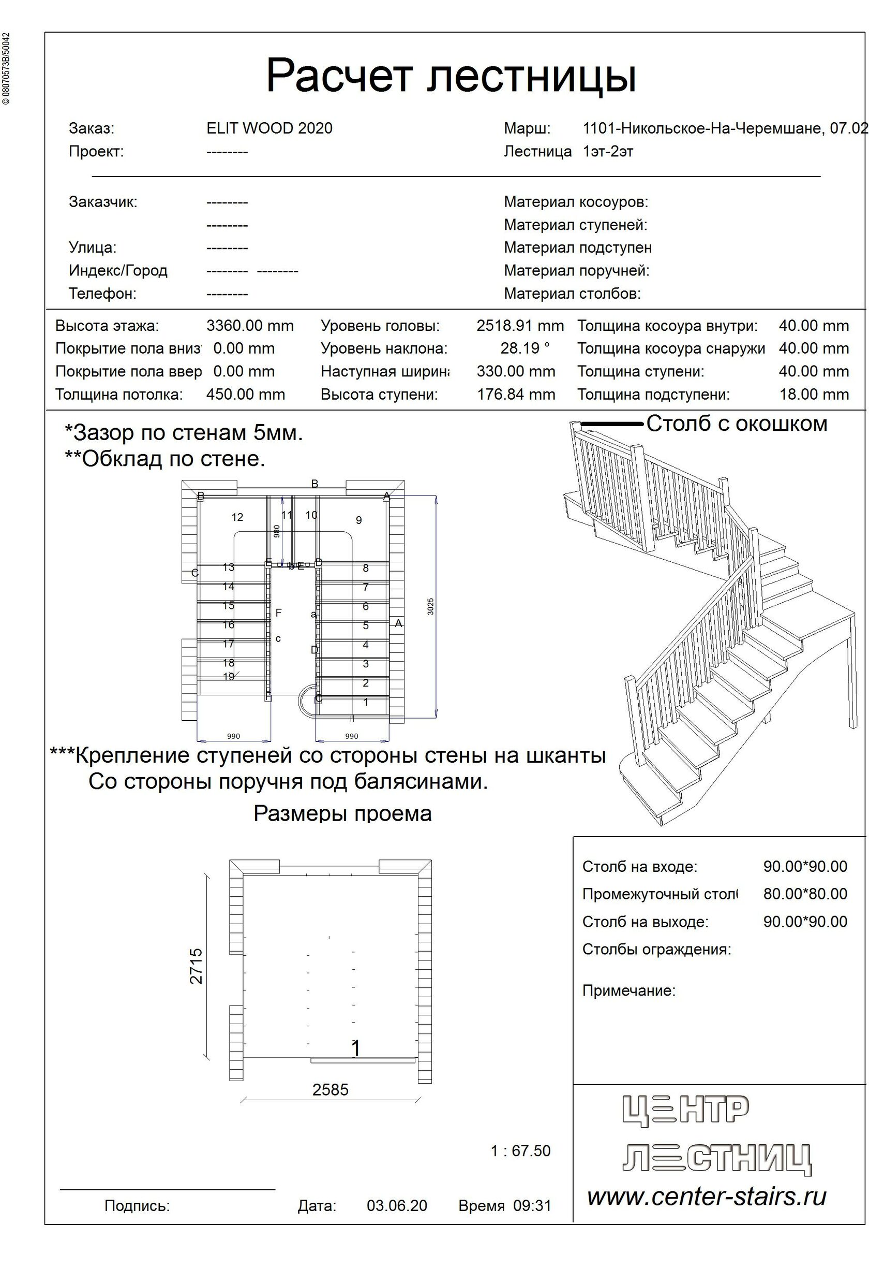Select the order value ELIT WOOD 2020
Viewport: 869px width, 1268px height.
[269, 128]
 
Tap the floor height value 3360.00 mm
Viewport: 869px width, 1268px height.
[250, 326]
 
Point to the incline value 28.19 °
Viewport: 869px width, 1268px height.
[525, 348]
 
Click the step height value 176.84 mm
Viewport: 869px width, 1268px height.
[516, 394]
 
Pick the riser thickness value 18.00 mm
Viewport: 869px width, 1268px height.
[813, 394]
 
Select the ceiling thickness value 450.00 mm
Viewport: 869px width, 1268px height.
[245, 394]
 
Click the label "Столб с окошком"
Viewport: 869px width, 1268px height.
[737, 424]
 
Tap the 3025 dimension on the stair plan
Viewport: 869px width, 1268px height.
[431, 607]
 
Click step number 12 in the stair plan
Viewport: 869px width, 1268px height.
[237, 517]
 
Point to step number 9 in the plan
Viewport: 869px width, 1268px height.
[359, 520]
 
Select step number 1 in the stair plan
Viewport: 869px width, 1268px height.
[366, 702]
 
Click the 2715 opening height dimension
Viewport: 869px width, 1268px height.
[196, 966]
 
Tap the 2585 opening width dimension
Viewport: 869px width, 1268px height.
[330, 1089]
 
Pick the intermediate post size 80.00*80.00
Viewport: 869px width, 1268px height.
[805, 894]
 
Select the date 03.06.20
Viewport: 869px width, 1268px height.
[396, 1205]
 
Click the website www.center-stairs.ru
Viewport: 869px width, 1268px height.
[707, 1197]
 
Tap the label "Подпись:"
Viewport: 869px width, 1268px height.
[137, 1205]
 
